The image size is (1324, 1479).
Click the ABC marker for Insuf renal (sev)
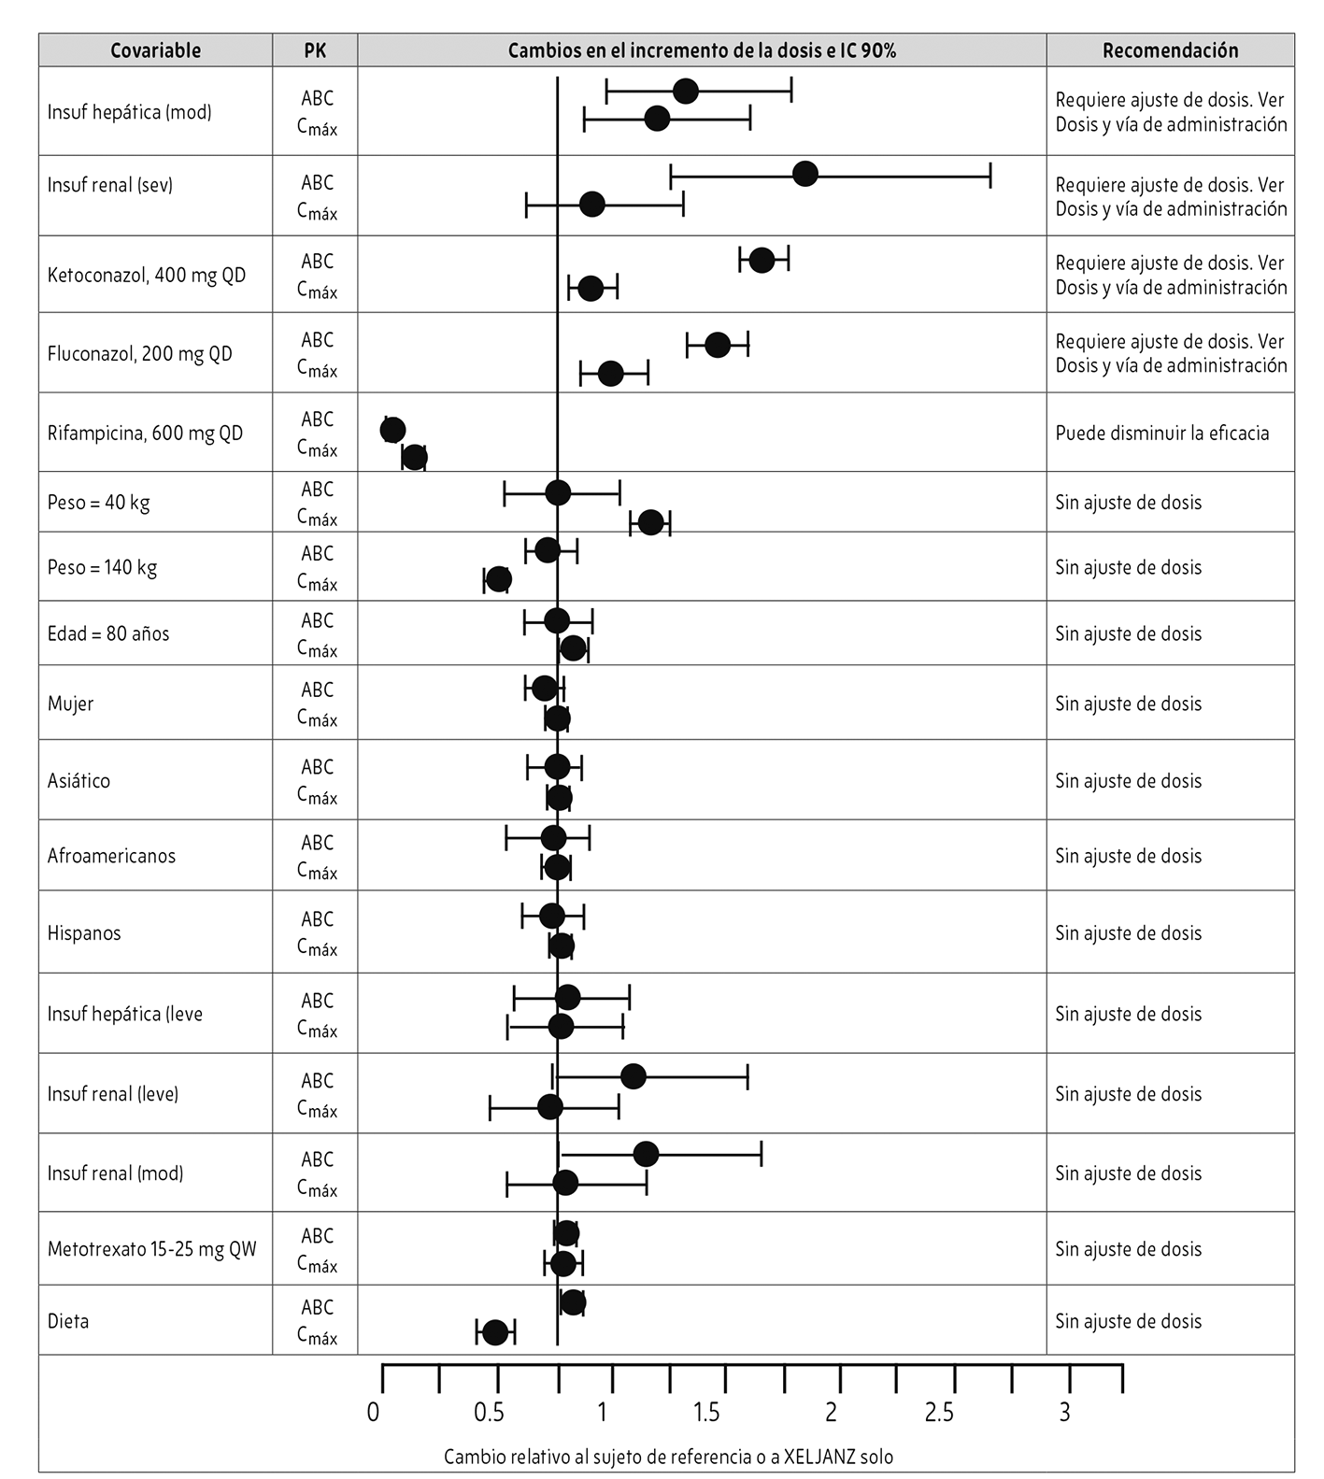tap(804, 174)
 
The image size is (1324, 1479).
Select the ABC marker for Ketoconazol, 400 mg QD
tap(762, 260)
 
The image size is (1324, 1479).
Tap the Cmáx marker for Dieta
tap(495, 1332)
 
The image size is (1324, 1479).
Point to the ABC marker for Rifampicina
tap(393, 430)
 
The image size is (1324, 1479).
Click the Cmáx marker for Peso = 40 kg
tap(650, 522)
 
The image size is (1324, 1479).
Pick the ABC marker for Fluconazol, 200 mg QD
tap(717, 345)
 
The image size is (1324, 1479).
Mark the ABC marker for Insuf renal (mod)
tap(646, 1154)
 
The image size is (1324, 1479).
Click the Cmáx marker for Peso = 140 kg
tap(499, 579)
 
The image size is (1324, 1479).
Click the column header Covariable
tap(155, 50)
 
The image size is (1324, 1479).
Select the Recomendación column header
tap(1170, 50)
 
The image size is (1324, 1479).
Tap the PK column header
tap(315, 50)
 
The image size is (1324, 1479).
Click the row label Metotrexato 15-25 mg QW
tap(152, 1249)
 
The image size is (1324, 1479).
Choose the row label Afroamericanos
tap(111, 856)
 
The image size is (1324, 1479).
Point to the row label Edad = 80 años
tap(108, 633)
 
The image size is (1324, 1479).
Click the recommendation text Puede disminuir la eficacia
tap(1161, 433)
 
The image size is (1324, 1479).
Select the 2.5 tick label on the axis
tap(939, 1412)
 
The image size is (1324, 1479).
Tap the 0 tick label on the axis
tap(374, 1412)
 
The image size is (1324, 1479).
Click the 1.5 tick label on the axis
tap(707, 1412)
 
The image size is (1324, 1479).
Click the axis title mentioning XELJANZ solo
tap(668, 1457)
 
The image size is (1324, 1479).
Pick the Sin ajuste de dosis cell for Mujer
tap(1128, 704)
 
